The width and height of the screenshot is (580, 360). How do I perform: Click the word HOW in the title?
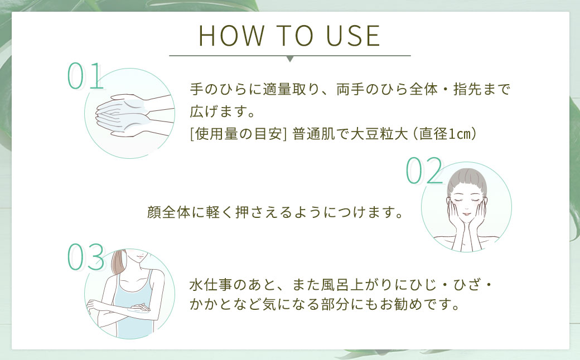point(232,36)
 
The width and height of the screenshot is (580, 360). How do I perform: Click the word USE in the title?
point(353,36)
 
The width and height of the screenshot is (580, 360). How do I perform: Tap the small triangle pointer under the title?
point(290,59)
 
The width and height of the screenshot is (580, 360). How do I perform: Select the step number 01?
point(85,76)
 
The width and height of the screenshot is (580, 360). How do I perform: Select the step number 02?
point(424,170)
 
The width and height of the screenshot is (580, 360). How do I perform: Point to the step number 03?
point(86,257)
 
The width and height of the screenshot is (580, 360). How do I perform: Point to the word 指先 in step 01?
point(467,89)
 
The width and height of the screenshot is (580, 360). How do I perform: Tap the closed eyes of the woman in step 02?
point(467,200)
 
